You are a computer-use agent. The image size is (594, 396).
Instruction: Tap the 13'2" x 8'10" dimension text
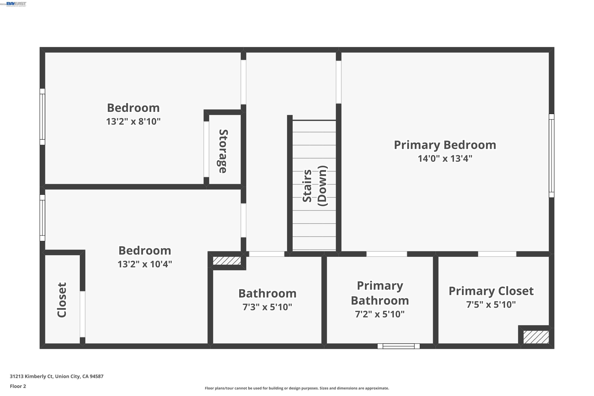coord(133,122)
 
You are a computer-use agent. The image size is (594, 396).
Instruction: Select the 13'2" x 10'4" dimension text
coord(145,264)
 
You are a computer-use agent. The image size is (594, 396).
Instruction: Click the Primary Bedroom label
coord(445,145)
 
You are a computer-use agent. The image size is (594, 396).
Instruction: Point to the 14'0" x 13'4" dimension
coord(445,159)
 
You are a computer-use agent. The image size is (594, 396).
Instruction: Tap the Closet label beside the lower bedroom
coord(62,300)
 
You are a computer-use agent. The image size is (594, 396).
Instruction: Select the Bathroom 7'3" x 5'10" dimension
coord(267,307)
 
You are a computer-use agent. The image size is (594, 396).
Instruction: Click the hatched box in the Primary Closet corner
coord(536,337)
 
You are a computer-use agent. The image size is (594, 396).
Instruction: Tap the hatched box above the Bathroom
coord(227,261)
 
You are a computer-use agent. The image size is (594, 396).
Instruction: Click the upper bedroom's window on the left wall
coord(42,117)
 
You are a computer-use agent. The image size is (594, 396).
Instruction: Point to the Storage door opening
coord(206,149)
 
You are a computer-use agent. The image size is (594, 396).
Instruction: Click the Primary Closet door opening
coord(497,254)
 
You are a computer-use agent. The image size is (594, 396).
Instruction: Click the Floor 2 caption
coord(18,386)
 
